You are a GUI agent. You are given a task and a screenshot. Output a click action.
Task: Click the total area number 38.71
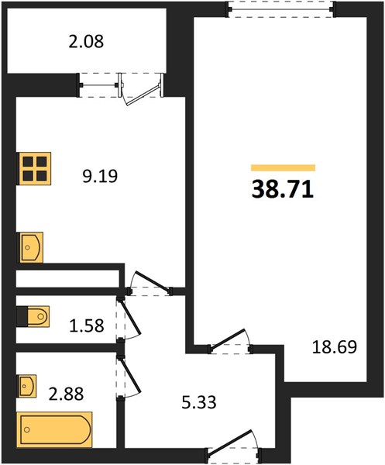[283, 189]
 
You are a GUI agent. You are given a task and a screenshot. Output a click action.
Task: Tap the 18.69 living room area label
[335, 347]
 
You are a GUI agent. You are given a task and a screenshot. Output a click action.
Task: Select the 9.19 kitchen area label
[100, 176]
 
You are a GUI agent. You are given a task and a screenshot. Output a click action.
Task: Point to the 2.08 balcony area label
[86, 42]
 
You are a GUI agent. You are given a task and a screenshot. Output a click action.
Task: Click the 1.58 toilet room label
[87, 325]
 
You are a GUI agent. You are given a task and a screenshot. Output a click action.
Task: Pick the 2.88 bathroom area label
[66, 394]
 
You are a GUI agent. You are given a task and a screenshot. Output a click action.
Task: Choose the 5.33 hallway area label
[199, 402]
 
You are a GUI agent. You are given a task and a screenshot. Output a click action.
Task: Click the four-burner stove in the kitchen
[35, 168]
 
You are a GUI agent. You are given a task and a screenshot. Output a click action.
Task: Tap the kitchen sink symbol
[32, 247]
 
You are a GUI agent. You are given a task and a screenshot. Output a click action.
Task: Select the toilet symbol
[33, 317]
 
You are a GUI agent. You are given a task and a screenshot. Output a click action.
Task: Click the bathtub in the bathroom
[54, 429]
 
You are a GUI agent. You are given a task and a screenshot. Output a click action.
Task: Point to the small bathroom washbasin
[28, 386]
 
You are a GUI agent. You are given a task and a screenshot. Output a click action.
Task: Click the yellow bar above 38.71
[283, 168]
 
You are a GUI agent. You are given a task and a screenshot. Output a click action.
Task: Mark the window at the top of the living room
[281, 9]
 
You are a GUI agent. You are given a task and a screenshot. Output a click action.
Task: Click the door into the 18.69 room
[231, 342]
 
